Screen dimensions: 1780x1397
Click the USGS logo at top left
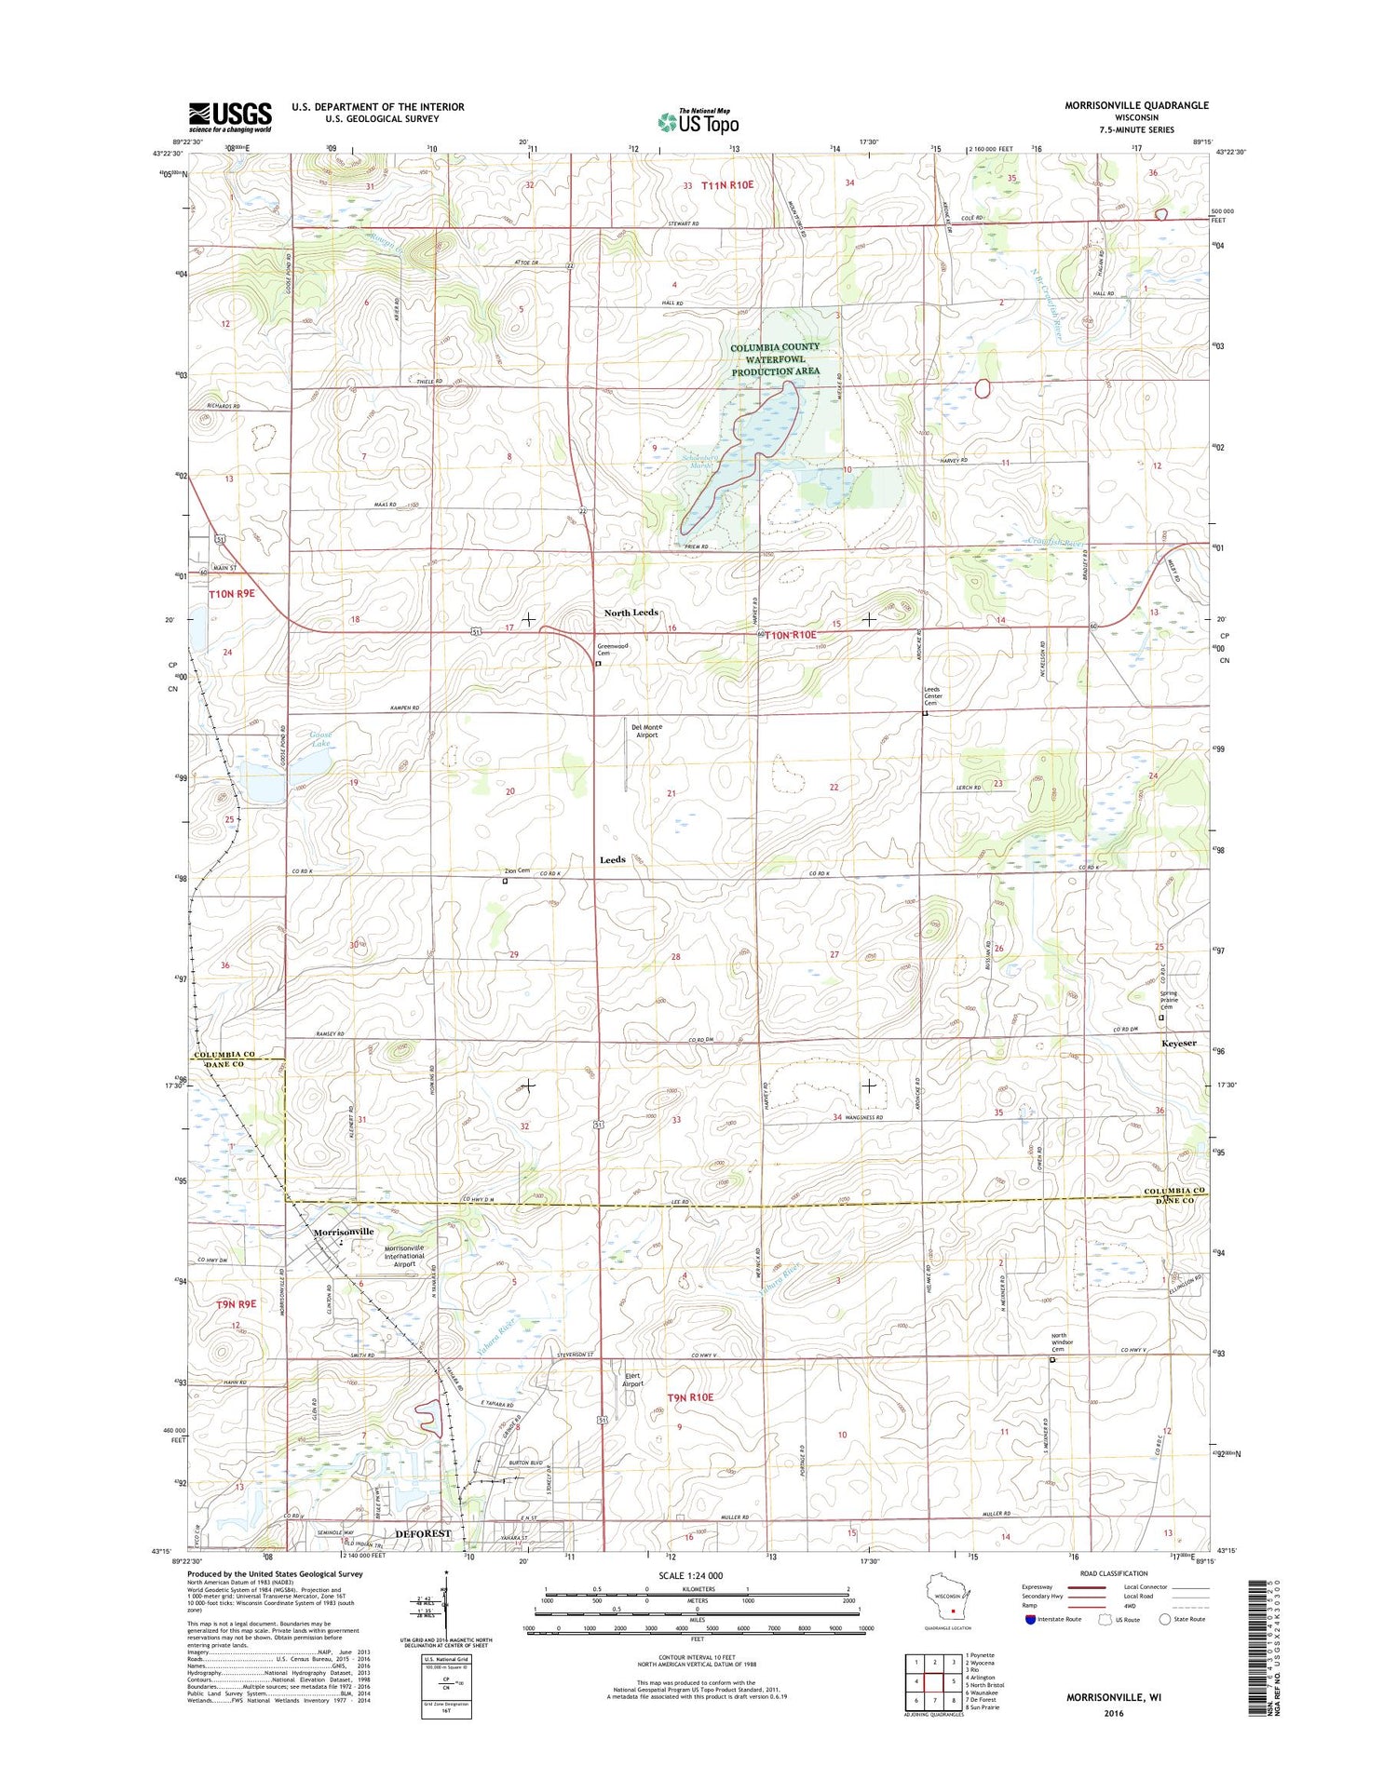230,116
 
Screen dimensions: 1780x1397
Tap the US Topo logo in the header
698,121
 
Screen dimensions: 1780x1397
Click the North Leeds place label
631,613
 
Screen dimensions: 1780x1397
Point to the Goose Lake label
320,739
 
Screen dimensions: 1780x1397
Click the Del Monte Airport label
646,731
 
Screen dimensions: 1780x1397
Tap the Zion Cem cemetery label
517,870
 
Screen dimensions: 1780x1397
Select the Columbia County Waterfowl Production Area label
775,358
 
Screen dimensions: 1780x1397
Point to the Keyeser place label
1178,1044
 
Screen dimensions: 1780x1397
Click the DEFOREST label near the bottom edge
423,1533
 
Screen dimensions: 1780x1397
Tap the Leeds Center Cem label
932,696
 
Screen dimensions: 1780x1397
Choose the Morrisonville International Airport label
404,1256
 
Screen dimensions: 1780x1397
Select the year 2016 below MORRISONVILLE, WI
1113,1713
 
